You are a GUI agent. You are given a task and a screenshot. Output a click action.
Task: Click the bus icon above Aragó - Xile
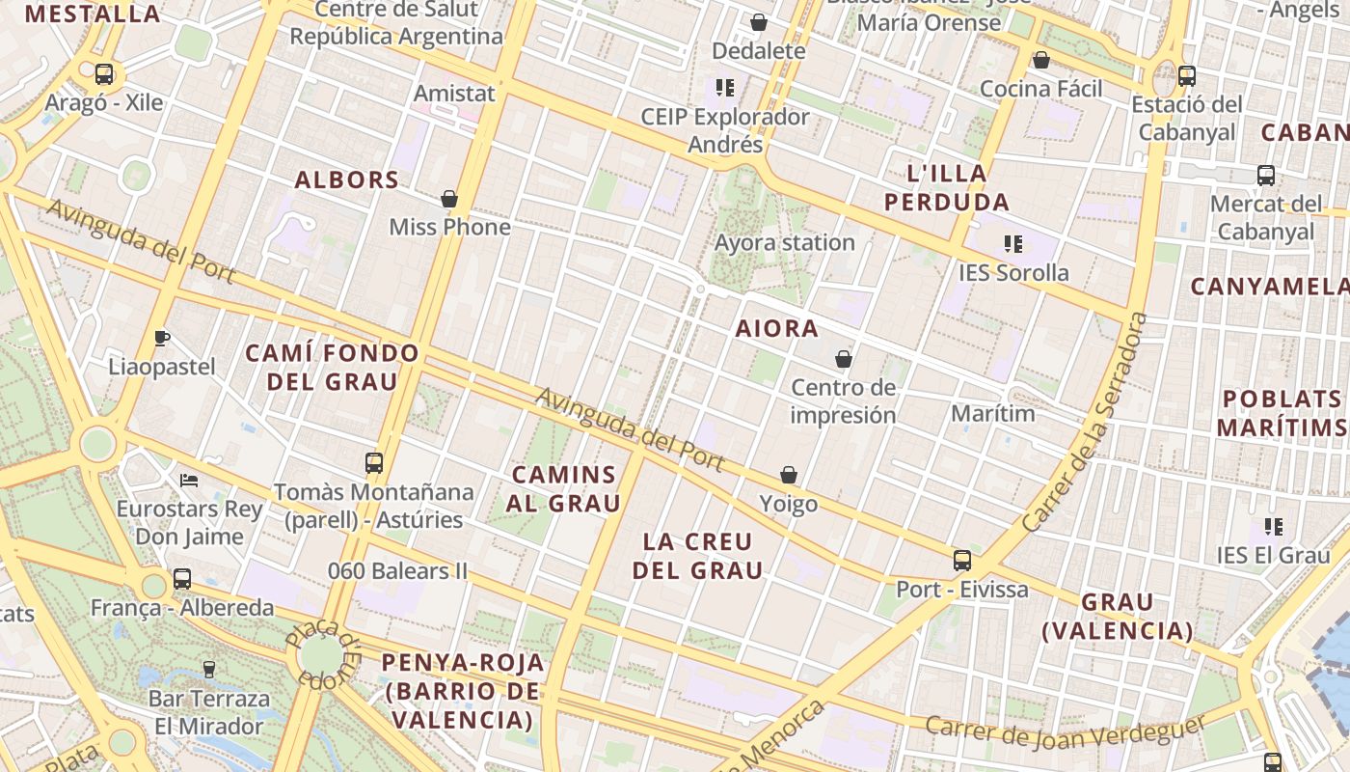click(103, 73)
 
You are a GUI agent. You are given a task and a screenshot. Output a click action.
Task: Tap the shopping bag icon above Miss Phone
click(449, 199)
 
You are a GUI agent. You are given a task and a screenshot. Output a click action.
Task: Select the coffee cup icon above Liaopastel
click(162, 338)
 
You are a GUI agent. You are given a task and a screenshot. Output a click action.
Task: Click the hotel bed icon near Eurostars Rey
click(189, 480)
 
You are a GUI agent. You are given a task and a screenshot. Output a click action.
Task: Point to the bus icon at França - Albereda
click(182, 579)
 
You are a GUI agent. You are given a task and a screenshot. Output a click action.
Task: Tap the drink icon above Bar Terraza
click(208, 669)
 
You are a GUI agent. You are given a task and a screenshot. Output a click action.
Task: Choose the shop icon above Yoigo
click(789, 475)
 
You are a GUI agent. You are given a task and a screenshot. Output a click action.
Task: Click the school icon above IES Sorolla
click(1012, 243)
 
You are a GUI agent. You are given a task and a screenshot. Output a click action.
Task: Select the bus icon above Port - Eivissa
click(961, 560)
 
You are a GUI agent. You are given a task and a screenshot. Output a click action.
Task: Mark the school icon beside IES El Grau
click(1274, 527)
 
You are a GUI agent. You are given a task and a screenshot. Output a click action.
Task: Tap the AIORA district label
click(777, 328)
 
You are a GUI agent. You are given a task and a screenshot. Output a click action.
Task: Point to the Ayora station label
click(785, 242)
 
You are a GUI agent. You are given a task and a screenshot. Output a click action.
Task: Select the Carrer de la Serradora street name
click(1086, 423)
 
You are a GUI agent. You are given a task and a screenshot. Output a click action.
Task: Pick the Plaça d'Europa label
click(324, 652)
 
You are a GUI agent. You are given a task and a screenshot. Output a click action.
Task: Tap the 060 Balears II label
click(397, 571)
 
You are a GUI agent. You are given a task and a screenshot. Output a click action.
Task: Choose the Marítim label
click(992, 414)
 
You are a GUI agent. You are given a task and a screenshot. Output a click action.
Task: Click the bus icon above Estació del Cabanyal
click(1187, 75)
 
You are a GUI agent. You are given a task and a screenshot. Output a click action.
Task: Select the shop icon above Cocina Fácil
click(1041, 60)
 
